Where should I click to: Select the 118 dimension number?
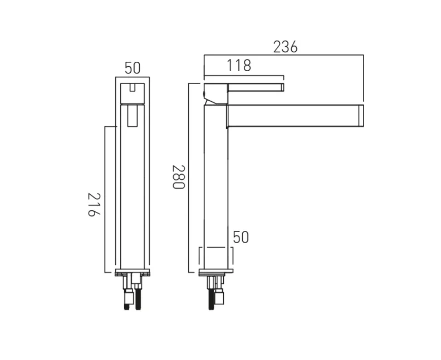239,66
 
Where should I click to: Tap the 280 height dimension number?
178,177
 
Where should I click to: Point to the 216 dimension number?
95,205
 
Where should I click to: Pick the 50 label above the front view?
132,68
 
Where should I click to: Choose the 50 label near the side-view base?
241,238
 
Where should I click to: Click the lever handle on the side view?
255,87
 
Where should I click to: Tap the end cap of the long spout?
360,116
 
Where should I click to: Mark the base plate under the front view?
133,273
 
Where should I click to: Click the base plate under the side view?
216,273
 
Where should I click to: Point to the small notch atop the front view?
133,87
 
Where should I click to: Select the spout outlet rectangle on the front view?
133,117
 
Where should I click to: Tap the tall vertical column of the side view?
216,184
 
